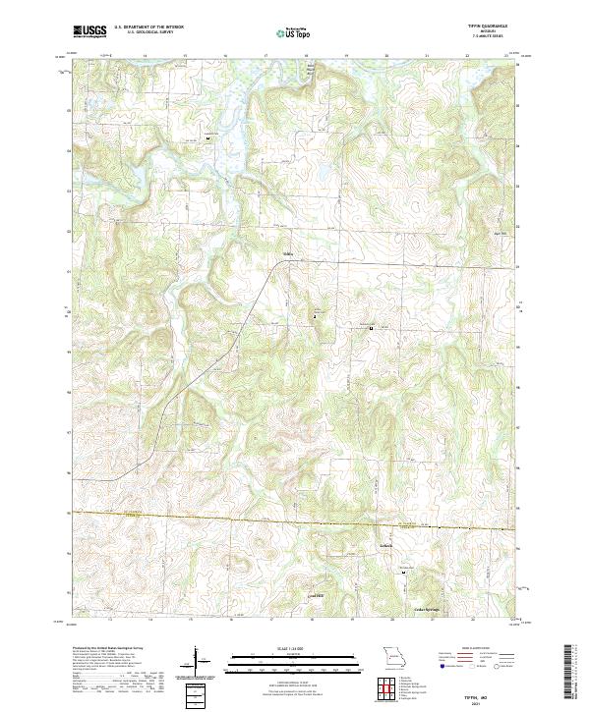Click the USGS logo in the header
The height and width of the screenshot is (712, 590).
point(89,31)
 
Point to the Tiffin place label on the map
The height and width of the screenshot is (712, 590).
point(288,259)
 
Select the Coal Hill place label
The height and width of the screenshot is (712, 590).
point(315,596)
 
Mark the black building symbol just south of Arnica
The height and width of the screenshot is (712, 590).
point(402,571)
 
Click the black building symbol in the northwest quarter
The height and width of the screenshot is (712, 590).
point(208,138)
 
